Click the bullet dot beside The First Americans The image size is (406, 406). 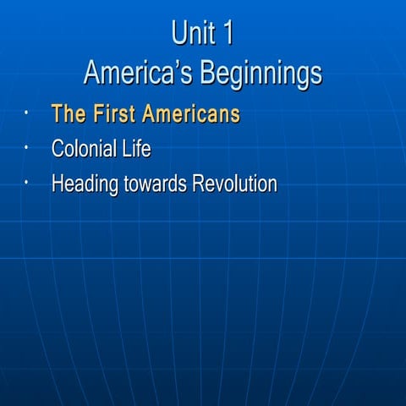click(x=28, y=112)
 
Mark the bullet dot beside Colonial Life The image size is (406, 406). click(x=28, y=147)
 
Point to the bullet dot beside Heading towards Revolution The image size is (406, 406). click(x=28, y=182)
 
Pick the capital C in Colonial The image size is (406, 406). click(x=58, y=150)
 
